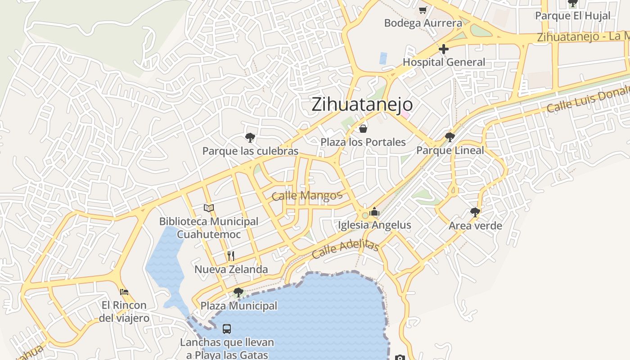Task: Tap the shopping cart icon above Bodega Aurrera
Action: pyautogui.click(x=423, y=10)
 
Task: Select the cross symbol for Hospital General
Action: pyautogui.click(x=444, y=49)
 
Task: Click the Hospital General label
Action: pyautogui.click(x=444, y=62)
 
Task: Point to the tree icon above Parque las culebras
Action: pyautogui.click(x=250, y=137)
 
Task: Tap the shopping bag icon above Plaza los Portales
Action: pyautogui.click(x=363, y=129)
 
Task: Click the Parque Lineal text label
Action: pyautogui.click(x=450, y=150)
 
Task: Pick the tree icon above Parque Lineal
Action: pyautogui.click(x=450, y=137)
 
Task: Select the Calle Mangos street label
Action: pyautogui.click(x=307, y=196)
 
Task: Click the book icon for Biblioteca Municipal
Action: pyautogui.click(x=208, y=208)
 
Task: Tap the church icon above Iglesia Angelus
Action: pyautogui.click(x=374, y=211)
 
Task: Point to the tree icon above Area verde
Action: pyautogui.click(x=475, y=212)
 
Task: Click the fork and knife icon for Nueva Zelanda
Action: pyautogui.click(x=231, y=256)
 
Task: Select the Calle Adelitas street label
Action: pyautogui.click(x=345, y=249)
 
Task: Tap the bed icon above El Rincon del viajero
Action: pyautogui.click(x=124, y=292)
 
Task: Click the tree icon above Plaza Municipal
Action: pyautogui.click(x=238, y=292)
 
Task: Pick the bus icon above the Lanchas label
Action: pyautogui.click(x=227, y=329)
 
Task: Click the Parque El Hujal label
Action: pyautogui.click(x=572, y=16)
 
